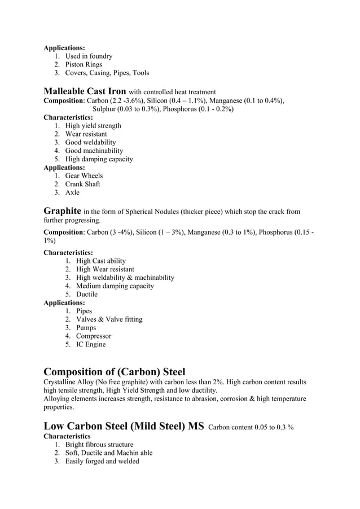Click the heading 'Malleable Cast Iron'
[x=85, y=91]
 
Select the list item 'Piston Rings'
[x=84, y=64]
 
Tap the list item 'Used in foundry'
[x=89, y=56]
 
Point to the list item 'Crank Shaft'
[x=83, y=184]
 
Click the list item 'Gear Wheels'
[x=84, y=175]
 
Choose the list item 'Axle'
[x=72, y=192]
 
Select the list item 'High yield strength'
[x=93, y=125]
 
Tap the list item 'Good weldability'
[x=90, y=142]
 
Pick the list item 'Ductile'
[x=87, y=294]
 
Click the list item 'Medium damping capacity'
[x=115, y=286]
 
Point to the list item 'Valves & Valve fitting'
[x=109, y=319]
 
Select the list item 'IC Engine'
[x=91, y=344]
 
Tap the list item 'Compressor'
[x=94, y=336]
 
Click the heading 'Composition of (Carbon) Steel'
[x=115, y=371]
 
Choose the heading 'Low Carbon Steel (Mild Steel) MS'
[x=124, y=426]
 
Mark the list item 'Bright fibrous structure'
[x=99, y=444]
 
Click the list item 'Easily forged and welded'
[x=102, y=461]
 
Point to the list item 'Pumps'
[x=86, y=327]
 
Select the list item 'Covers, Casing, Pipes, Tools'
[x=107, y=73]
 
